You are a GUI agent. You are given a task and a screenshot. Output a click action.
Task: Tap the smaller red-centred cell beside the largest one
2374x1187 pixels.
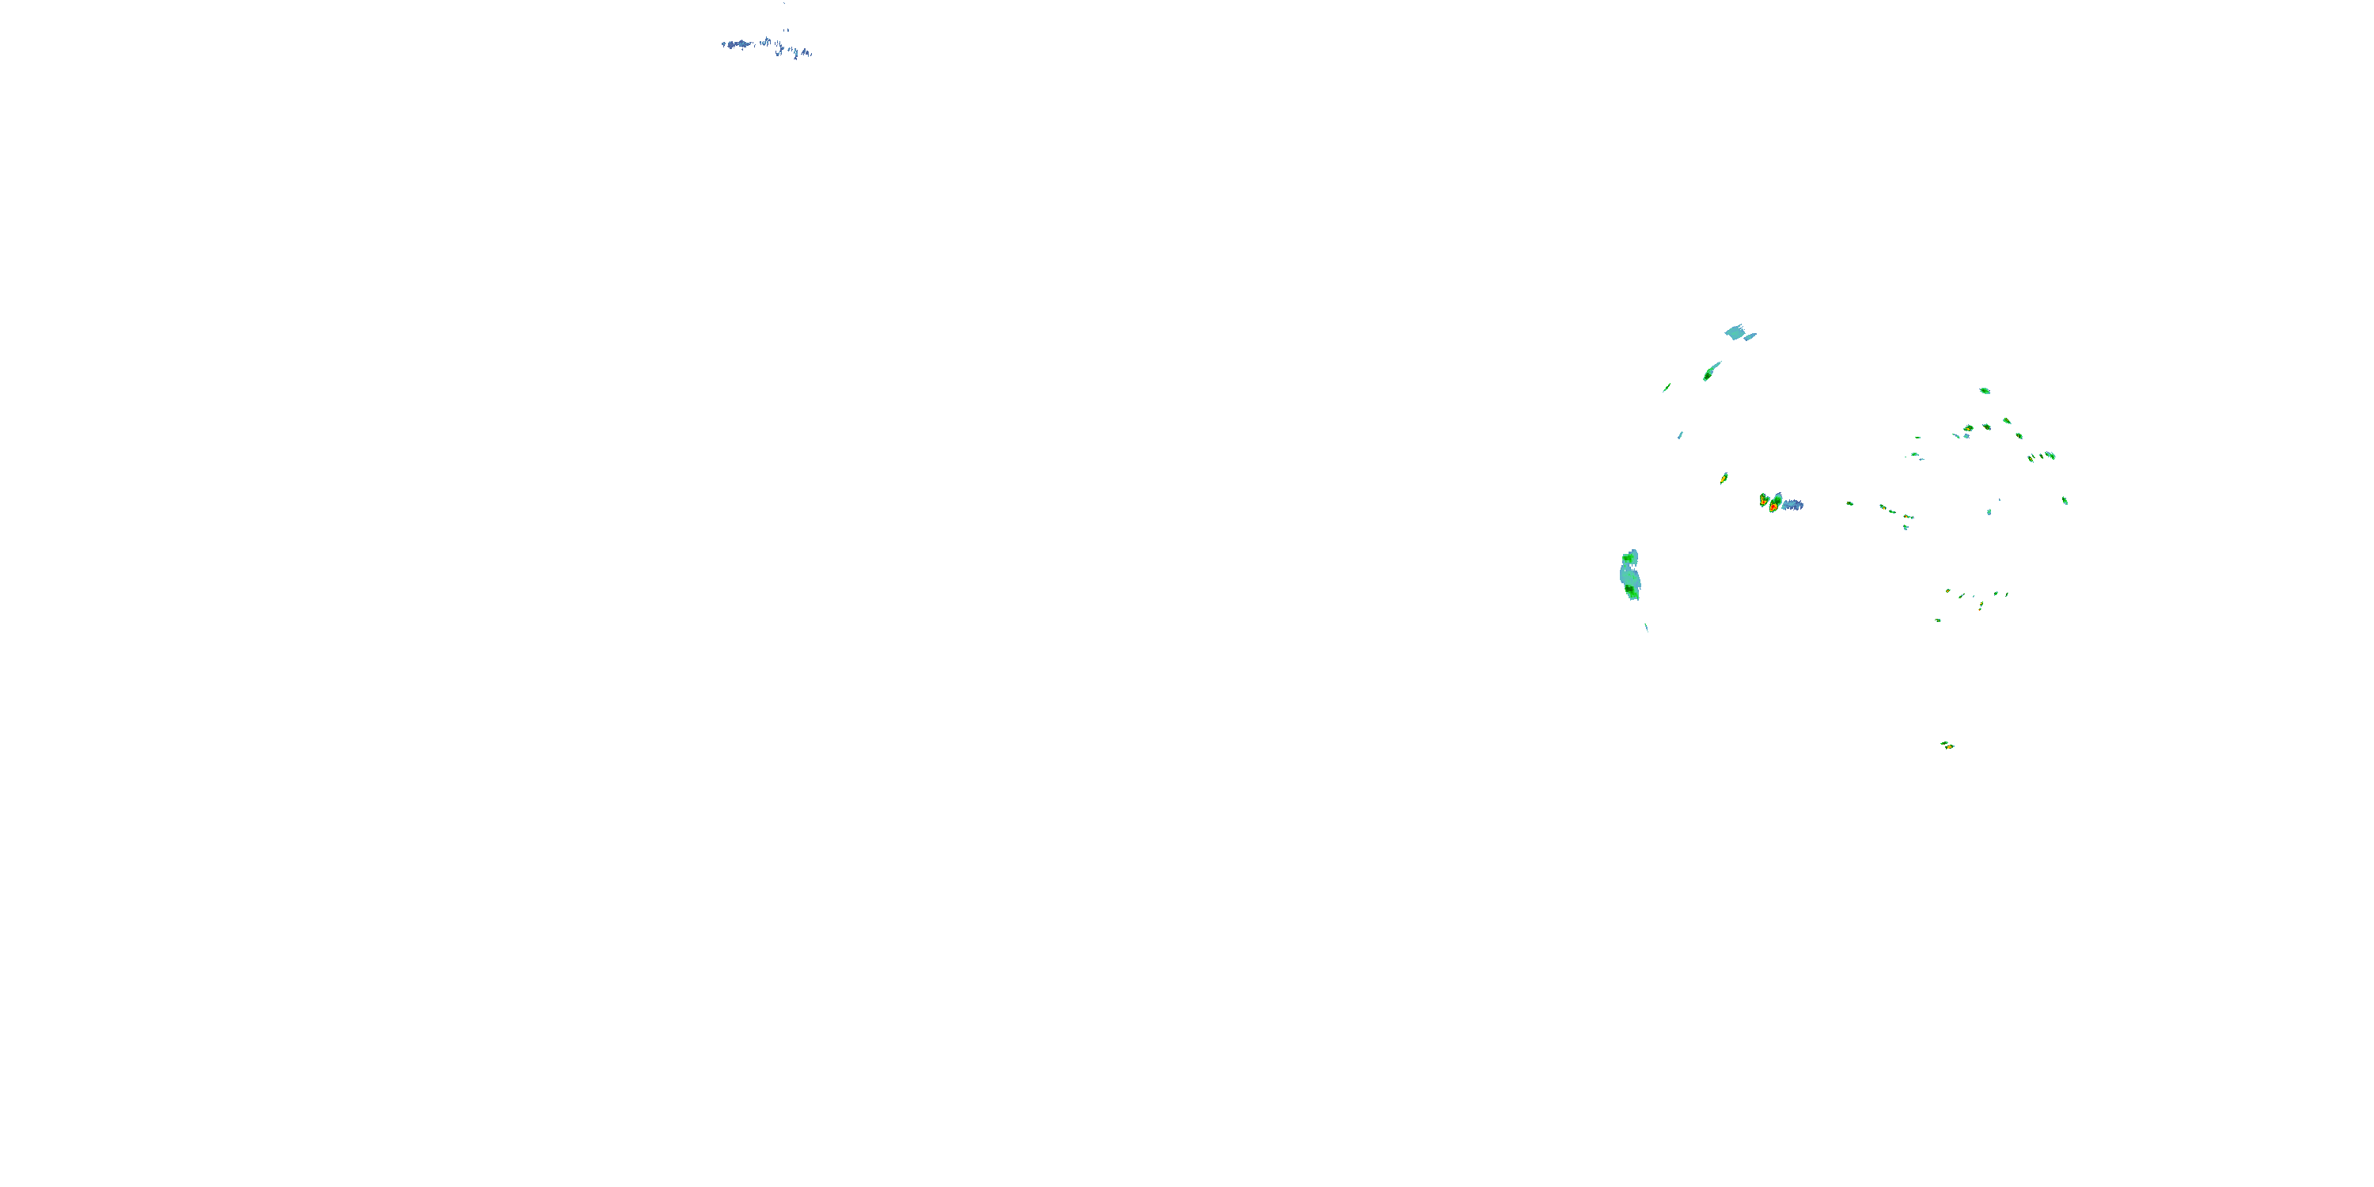[x=1763, y=500]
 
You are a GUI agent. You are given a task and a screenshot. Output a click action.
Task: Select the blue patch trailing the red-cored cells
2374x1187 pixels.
[x=1792, y=505]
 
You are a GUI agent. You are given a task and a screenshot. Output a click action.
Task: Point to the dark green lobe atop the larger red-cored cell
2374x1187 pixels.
[x=1777, y=498]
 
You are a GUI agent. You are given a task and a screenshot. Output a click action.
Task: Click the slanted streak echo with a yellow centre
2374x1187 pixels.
[x=1724, y=478]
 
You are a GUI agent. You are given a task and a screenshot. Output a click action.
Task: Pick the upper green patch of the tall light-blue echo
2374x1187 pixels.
[x=1629, y=559]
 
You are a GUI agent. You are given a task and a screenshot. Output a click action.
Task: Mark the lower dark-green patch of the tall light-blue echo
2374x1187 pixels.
[x=1630, y=590]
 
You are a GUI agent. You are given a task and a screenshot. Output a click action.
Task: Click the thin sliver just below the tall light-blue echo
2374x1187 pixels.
[x=1646, y=628]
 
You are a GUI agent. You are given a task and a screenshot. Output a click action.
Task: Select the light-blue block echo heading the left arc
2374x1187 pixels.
[x=1735, y=331]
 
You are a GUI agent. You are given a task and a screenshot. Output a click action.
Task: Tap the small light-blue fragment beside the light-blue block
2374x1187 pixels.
[x=1750, y=337]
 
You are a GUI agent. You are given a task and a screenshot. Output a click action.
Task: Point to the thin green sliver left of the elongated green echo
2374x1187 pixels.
[x=1667, y=388]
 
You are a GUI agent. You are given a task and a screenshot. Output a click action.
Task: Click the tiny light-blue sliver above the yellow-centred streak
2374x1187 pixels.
[x=1680, y=435]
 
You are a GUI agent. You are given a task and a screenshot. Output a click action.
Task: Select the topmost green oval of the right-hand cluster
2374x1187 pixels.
[x=1984, y=391]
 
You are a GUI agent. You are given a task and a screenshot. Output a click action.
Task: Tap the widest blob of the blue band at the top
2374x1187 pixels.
[x=738, y=44]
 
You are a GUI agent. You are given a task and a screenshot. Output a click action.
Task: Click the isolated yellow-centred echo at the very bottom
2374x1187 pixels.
[x=1947, y=745]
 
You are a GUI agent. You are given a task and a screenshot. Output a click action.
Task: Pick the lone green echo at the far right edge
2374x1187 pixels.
[x=2065, y=500]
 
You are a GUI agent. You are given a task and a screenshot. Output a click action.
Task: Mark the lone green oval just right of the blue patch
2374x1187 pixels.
[x=1849, y=504]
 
